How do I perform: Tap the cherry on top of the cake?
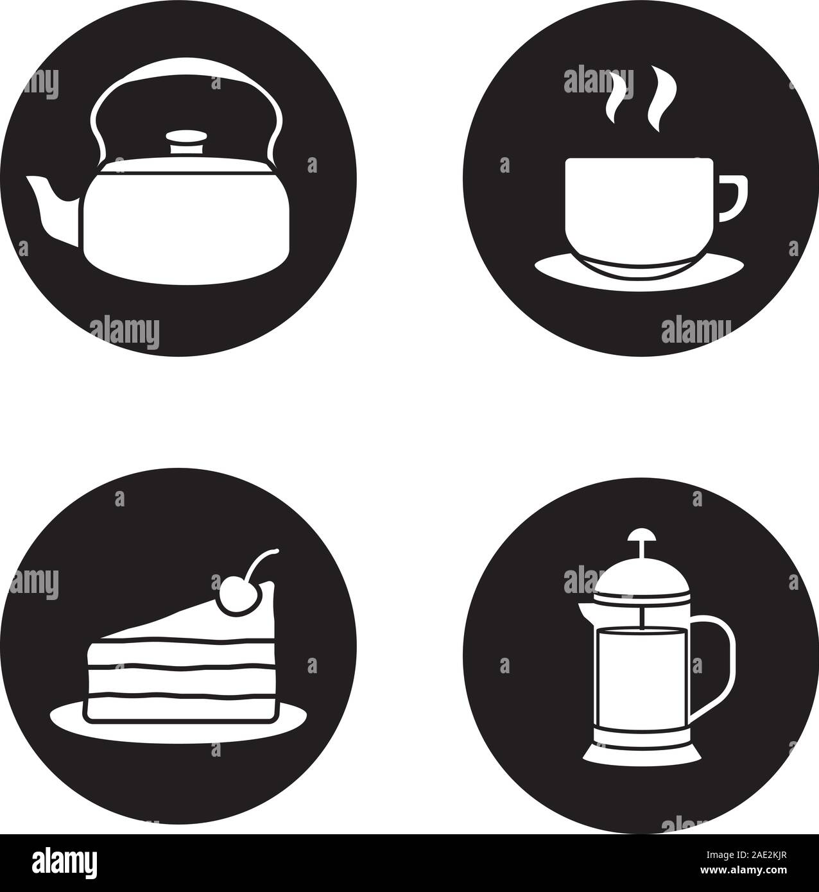(230, 598)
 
